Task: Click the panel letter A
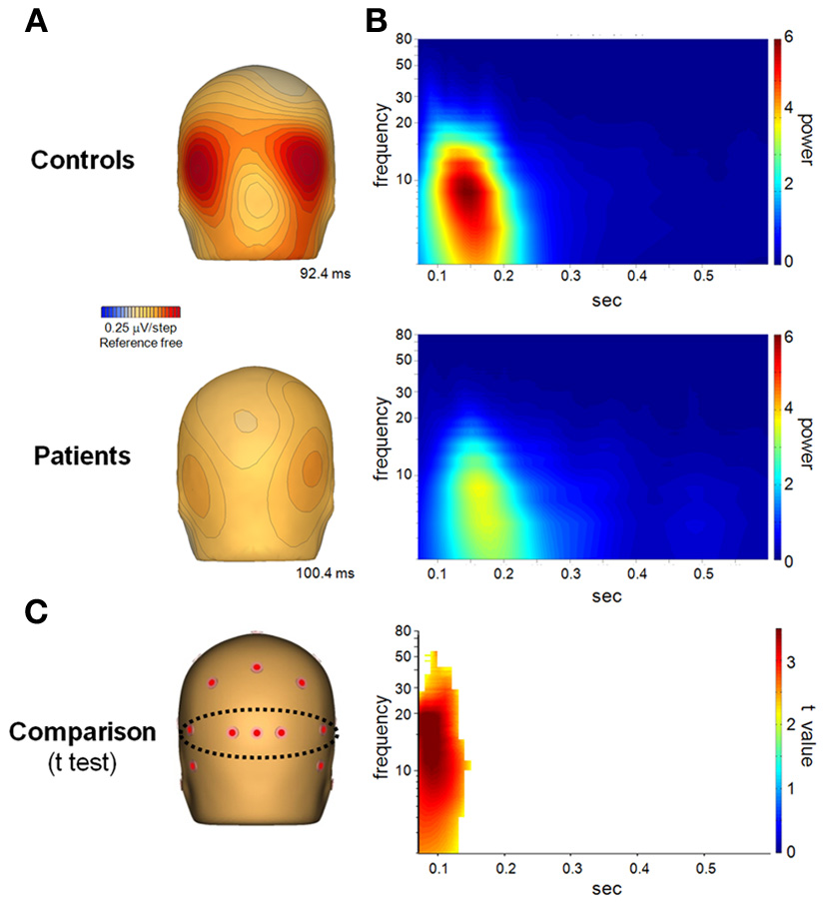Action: click(x=36, y=21)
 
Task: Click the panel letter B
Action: click(x=377, y=21)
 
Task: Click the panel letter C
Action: click(x=37, y=612)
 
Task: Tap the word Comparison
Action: click(x=83, y=731)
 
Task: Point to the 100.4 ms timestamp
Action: click(x=324, y=574)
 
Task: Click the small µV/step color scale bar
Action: click(x=141, y=312)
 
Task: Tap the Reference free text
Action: click(x=141, y=343)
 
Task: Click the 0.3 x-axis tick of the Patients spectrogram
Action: click(x=569, y=577)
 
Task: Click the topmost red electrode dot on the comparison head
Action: click(x=257, y=667)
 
